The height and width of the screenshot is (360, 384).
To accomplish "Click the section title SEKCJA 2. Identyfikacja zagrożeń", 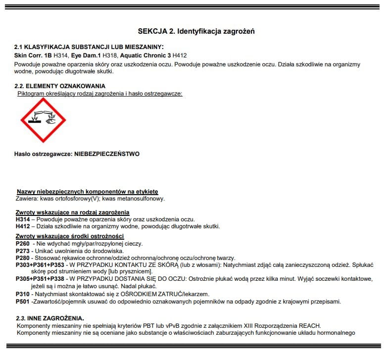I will (196, 31).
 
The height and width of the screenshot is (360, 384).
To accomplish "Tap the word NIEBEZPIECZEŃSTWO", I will (107, 154).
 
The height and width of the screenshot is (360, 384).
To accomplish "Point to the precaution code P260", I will (23, 244).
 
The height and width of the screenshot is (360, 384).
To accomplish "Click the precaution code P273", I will (23, 251).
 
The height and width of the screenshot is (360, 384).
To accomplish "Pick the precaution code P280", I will (23, 258).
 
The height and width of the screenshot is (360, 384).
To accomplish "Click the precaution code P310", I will (23, 294).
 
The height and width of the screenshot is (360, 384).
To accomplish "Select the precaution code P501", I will (23, 301).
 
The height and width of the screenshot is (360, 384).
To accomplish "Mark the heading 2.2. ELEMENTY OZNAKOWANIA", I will (59, 86).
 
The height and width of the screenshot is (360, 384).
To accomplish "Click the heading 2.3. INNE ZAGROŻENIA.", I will (49, 318).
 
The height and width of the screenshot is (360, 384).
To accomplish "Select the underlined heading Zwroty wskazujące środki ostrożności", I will (70, 236).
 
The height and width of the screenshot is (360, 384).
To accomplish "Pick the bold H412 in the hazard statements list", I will (23, 226).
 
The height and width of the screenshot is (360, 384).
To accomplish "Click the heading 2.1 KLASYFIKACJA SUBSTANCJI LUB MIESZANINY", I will (82, 47).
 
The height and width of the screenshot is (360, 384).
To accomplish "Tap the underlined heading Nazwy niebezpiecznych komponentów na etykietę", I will (87, 192).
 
